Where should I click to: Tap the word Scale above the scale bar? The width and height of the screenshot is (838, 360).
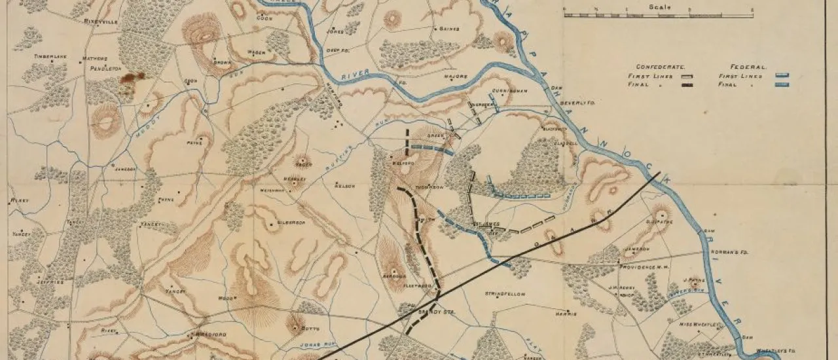(x=659, y=7)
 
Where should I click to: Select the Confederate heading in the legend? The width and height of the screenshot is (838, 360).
(x=659, y=67)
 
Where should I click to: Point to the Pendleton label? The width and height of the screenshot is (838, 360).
(x=104, y=68)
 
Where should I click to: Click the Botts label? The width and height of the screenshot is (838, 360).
(x=310, y=327)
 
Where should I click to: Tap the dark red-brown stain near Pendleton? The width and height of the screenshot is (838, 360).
(x=133, y=77)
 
